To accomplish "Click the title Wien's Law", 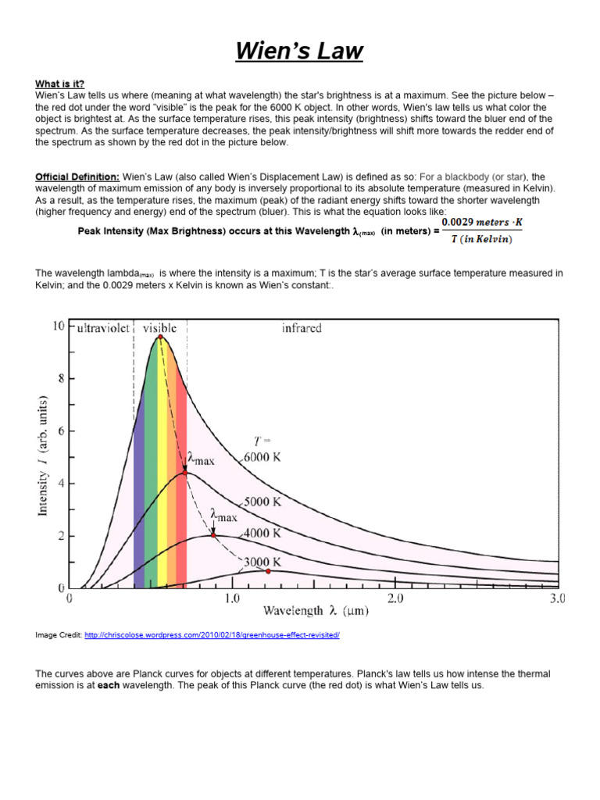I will click(x=300, y=52).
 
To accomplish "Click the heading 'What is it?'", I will click(x=59, y=84).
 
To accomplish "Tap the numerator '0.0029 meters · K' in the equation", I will click(x=482, y=223).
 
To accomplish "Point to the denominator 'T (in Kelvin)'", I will click(x=482, y=238).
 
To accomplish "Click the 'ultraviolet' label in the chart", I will click(x=103, y=328).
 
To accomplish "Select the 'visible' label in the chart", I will click(x=159, y=328).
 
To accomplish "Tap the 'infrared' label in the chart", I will click(x=302, y=328).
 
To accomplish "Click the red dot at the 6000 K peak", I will click(x=160, y=337).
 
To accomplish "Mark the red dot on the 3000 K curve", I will click(x=268, y=572).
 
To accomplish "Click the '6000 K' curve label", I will click(x=262, y=458).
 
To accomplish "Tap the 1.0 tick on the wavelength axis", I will click(x=232, y=599).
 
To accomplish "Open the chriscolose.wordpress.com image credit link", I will click(x=212, y=635).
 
